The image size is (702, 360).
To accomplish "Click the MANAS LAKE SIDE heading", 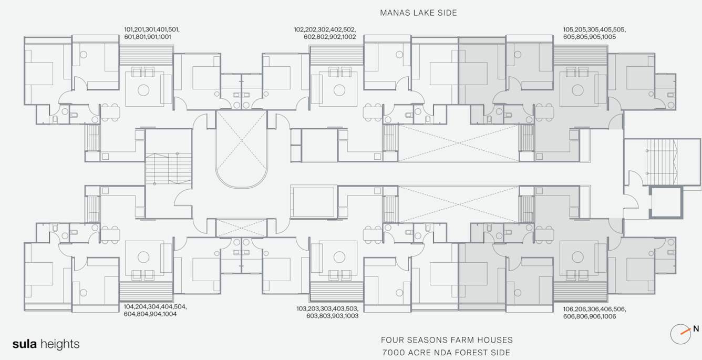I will [418, 13].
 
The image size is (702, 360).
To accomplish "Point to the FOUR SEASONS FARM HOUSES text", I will [447, 340].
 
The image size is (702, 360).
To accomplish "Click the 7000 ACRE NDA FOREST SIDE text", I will [446, 353].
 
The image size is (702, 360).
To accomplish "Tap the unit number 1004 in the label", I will [168, 314].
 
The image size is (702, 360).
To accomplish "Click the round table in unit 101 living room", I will [143, 90].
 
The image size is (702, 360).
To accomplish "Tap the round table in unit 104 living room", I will [143, 257].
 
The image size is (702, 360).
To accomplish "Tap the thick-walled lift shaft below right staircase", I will [666, 202].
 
